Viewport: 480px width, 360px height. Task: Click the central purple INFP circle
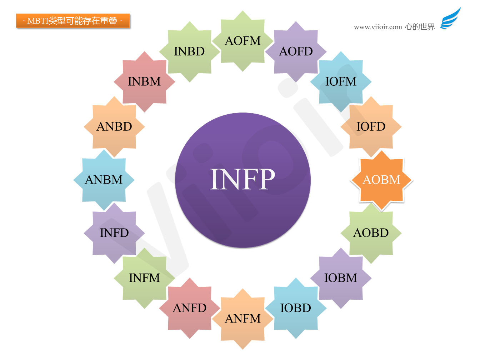(x=242, y=180)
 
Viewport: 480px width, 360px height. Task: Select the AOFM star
(x=242, y=41)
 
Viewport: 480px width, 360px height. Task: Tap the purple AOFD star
(x=296, y=51)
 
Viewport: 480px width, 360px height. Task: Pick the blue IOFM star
(x=341, y=81)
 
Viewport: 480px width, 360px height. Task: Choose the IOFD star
(x=371, y=126)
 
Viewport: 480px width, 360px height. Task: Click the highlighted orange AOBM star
(x=381, y=180)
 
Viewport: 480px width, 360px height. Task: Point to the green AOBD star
(x=371, y=233)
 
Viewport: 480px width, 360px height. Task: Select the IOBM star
(x=341, y=278)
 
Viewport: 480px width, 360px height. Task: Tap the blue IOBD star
(x=296, y=308)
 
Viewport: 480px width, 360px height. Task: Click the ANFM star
(x=242, y=319)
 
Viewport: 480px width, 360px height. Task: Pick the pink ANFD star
(x=190, y=308)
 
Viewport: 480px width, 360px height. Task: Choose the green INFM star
(x=144, y=278)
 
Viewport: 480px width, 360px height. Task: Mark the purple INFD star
(x=114, y=233)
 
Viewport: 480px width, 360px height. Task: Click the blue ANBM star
(x=104, y=180)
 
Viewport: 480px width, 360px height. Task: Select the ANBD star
(x=114, y=126)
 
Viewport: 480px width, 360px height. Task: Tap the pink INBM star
(x=144, y=81)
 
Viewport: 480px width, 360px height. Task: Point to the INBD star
(x=190, y=51)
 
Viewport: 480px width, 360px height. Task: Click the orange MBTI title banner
(x=73, y=21)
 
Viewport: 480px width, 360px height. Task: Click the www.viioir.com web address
(x=377, y=27)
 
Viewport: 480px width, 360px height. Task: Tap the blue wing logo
(x=450, y=18)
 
